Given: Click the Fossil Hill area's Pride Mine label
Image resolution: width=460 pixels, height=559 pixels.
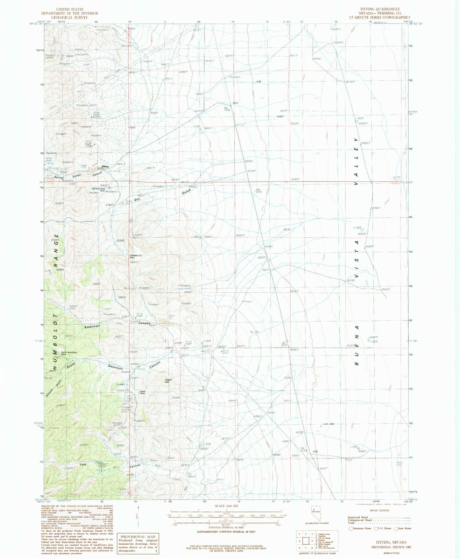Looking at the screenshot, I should click(x=143, y=392).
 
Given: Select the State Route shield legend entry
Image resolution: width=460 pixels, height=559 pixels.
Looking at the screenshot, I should click(x=403, y=528).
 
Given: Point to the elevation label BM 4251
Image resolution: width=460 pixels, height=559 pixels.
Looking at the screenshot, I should click(x=259, y=191).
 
